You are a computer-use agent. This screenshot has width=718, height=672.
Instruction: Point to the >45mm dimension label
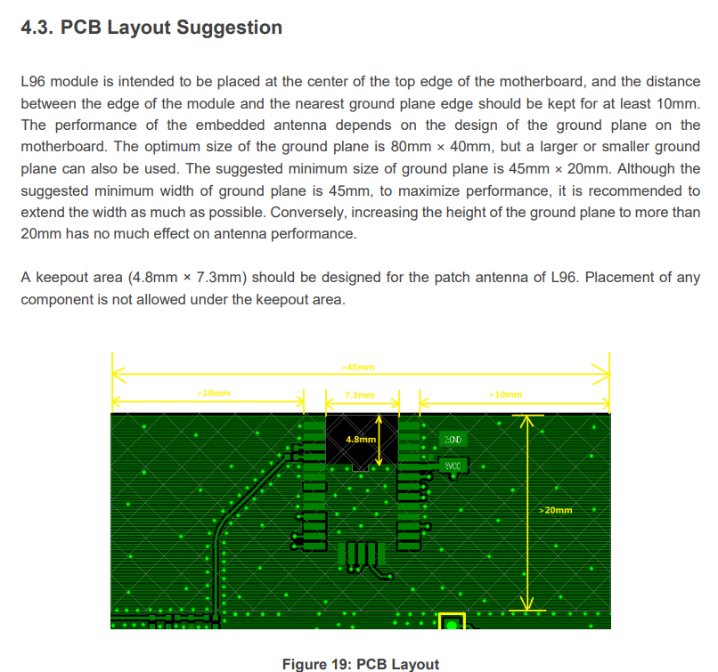click(358, 367)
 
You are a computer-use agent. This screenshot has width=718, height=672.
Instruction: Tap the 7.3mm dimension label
click(360, 394)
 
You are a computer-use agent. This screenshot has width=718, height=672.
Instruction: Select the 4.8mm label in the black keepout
click(361, 440)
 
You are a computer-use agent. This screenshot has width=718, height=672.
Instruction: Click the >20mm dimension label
click(557, 510)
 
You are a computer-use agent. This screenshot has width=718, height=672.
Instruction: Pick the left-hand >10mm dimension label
click(213, 393)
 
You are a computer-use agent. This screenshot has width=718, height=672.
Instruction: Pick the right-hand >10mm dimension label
click(506, 393)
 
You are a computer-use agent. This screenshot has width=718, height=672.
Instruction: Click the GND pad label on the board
click(453, 441)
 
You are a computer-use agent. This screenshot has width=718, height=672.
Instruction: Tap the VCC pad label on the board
click(453, 466)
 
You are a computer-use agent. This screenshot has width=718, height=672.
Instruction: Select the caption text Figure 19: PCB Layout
click(361, 664)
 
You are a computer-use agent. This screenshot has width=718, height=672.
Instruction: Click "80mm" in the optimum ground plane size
click(399, 146)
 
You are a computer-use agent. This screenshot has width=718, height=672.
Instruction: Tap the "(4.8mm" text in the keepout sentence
click(151, 278)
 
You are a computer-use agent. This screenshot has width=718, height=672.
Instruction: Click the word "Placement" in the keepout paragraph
click(618, 278)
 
